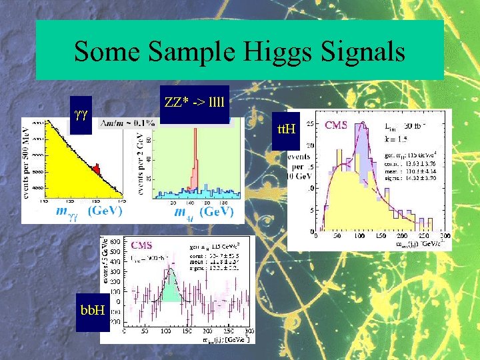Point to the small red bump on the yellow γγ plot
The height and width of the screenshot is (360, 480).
pyautogui.click(x=95, y=169)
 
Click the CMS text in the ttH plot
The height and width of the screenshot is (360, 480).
pyautogui.click(x=340, y=125)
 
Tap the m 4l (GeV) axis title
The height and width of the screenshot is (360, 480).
pyautogui.click(x=204, y=211)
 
